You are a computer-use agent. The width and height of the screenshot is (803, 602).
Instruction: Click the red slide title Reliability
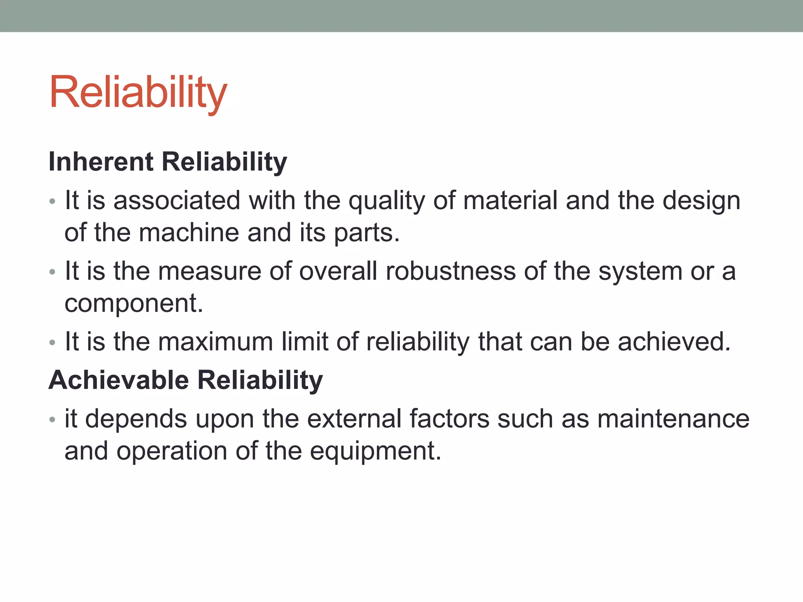tap(138, 92)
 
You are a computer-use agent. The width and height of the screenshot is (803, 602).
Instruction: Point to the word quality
tap(387, 201)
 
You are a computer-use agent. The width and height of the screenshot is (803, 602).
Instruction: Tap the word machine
tap(189, 232)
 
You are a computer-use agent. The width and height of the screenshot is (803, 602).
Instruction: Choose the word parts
tap(366, 233)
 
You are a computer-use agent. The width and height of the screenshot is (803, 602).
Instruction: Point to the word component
tap(133, 304)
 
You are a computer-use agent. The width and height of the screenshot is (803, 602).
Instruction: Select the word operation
tap(171, 451)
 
